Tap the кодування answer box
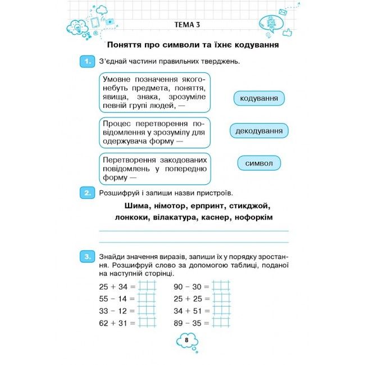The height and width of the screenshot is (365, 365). [259, 99]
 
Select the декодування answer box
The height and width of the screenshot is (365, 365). [259, 131]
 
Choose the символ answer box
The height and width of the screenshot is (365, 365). [259, 163]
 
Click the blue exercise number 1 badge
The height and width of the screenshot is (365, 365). [86, 61]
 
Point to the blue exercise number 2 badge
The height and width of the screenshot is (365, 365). [86, 193]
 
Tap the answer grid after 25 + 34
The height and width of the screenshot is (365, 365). [147, 286]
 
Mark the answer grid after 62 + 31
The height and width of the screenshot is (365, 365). [147, 323]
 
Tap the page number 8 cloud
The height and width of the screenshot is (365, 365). [187, 340]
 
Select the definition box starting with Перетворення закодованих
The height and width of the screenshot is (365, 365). [154, 168]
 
